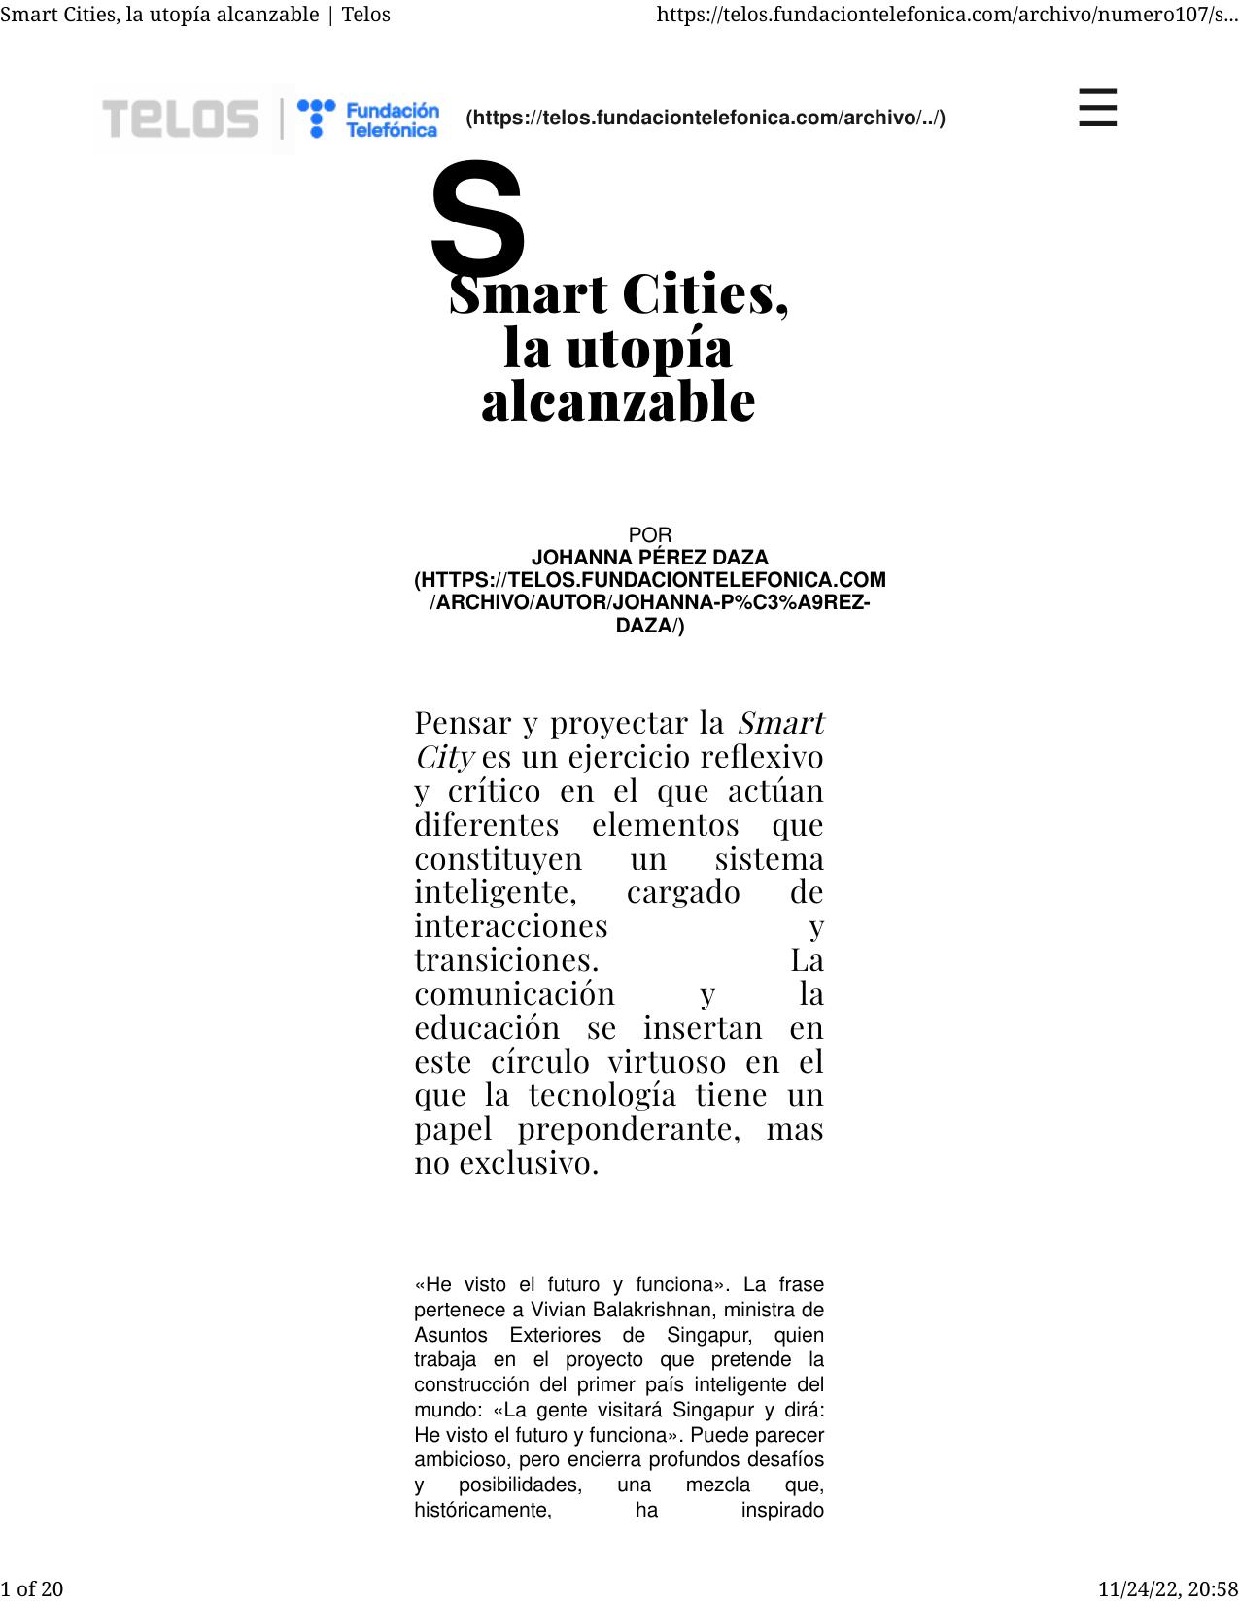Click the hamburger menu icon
tap(1097, 108)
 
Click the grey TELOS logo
tap(181, 119)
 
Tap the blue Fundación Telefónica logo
tap(368, 119)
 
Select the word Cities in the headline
tap(705, 294)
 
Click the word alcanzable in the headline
tap(618, 400)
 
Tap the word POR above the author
tap(650, 535)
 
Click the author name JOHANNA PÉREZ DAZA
tap(649, 558)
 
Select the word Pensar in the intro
tap(463, 723)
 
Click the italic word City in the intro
tap(444, 757)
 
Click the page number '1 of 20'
tap(32, 1588)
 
